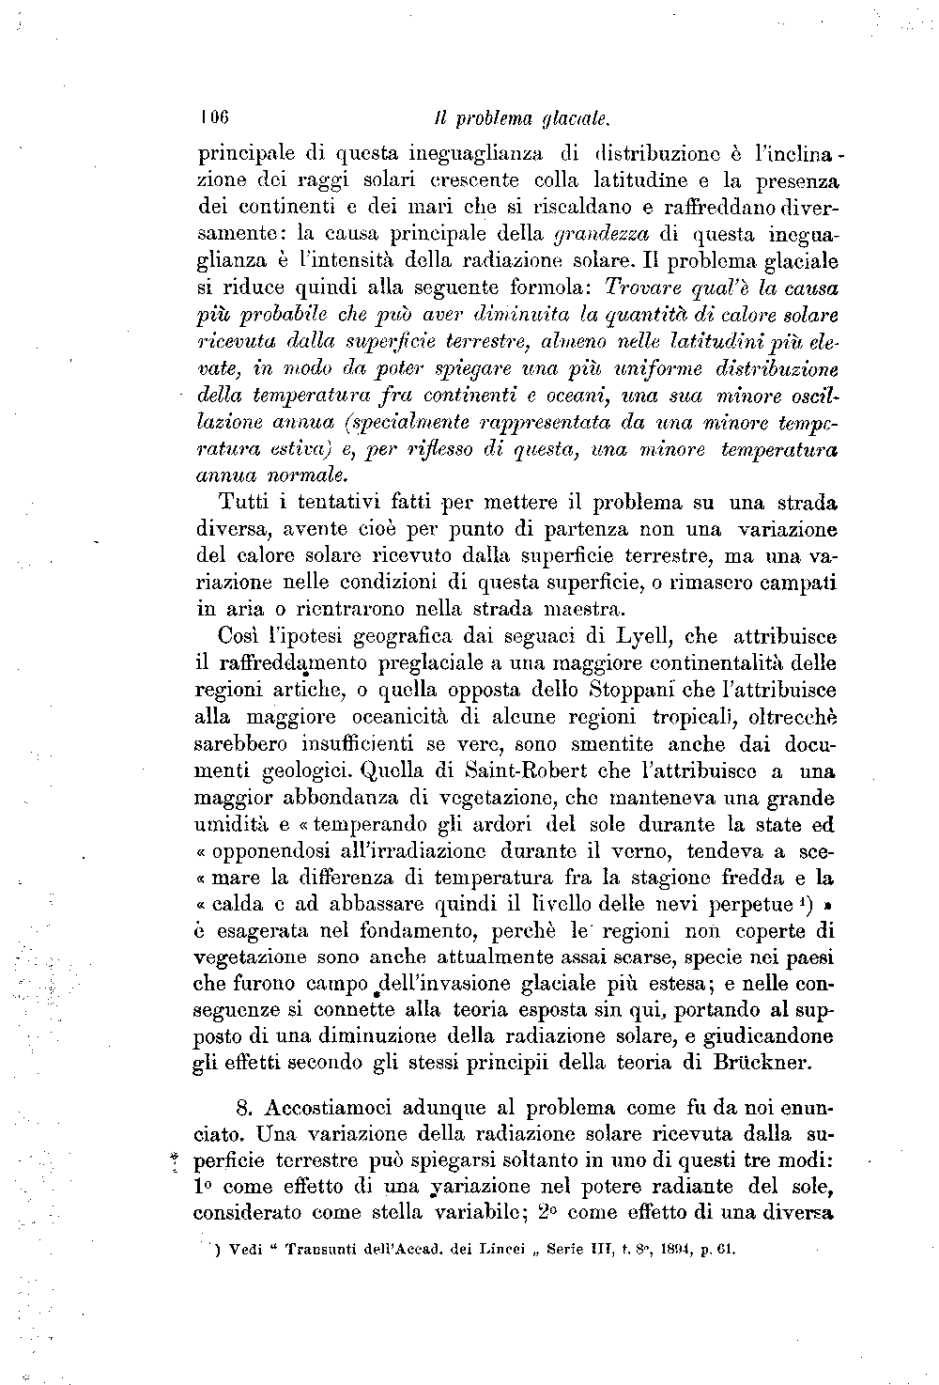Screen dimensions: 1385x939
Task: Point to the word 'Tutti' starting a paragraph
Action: pos(241,502)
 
